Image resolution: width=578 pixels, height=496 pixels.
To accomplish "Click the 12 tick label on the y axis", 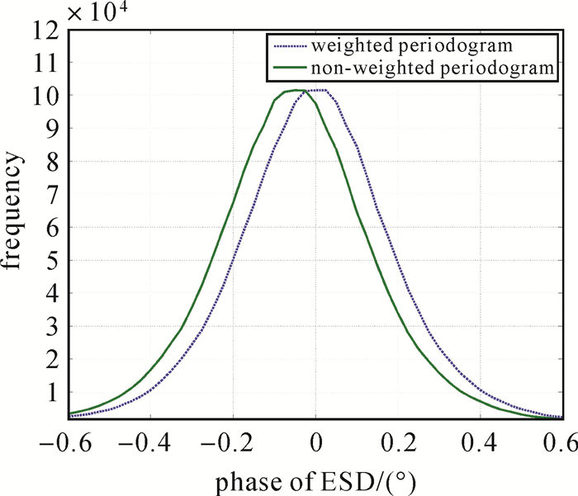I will tap(49, 31).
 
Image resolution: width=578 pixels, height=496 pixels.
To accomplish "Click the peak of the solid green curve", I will tap(295, 90).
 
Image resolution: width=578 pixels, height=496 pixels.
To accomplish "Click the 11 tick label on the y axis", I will tap(49, 63).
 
